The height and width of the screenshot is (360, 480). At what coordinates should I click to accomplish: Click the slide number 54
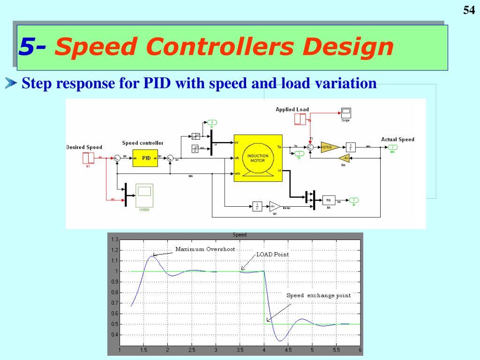pos(469,10)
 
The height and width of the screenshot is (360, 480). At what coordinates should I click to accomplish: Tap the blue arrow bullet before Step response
pos(10,84)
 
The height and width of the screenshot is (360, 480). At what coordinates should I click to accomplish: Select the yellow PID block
pos(146,158)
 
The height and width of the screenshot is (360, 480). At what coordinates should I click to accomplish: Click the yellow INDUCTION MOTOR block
pos(257,157)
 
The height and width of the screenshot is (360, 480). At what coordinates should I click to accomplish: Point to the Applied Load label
pos(292,109)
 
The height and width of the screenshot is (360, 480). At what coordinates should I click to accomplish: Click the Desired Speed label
pos(84,147)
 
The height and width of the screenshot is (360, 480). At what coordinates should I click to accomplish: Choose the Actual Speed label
pos(397,139)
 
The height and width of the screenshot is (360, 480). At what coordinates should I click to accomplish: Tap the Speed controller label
pos(142,143)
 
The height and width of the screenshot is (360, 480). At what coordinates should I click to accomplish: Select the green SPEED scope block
pos(144,194)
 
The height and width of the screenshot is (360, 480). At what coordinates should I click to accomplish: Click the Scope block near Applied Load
pos(346,113)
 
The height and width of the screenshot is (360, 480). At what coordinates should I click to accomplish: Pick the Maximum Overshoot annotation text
pos(205,249)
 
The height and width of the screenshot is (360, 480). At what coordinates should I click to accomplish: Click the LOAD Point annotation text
pos(273,255)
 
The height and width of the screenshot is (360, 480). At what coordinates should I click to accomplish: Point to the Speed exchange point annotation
pos(318,295)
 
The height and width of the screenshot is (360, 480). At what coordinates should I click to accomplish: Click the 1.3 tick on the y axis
pos(115,240)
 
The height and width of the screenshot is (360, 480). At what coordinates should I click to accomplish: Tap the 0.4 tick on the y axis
pos(115,335)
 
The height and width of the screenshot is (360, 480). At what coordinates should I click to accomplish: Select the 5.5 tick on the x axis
pos(336,350)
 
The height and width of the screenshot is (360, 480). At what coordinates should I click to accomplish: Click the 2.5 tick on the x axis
pos(192,350)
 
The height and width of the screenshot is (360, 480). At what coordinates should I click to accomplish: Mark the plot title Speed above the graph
pos(240,235)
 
